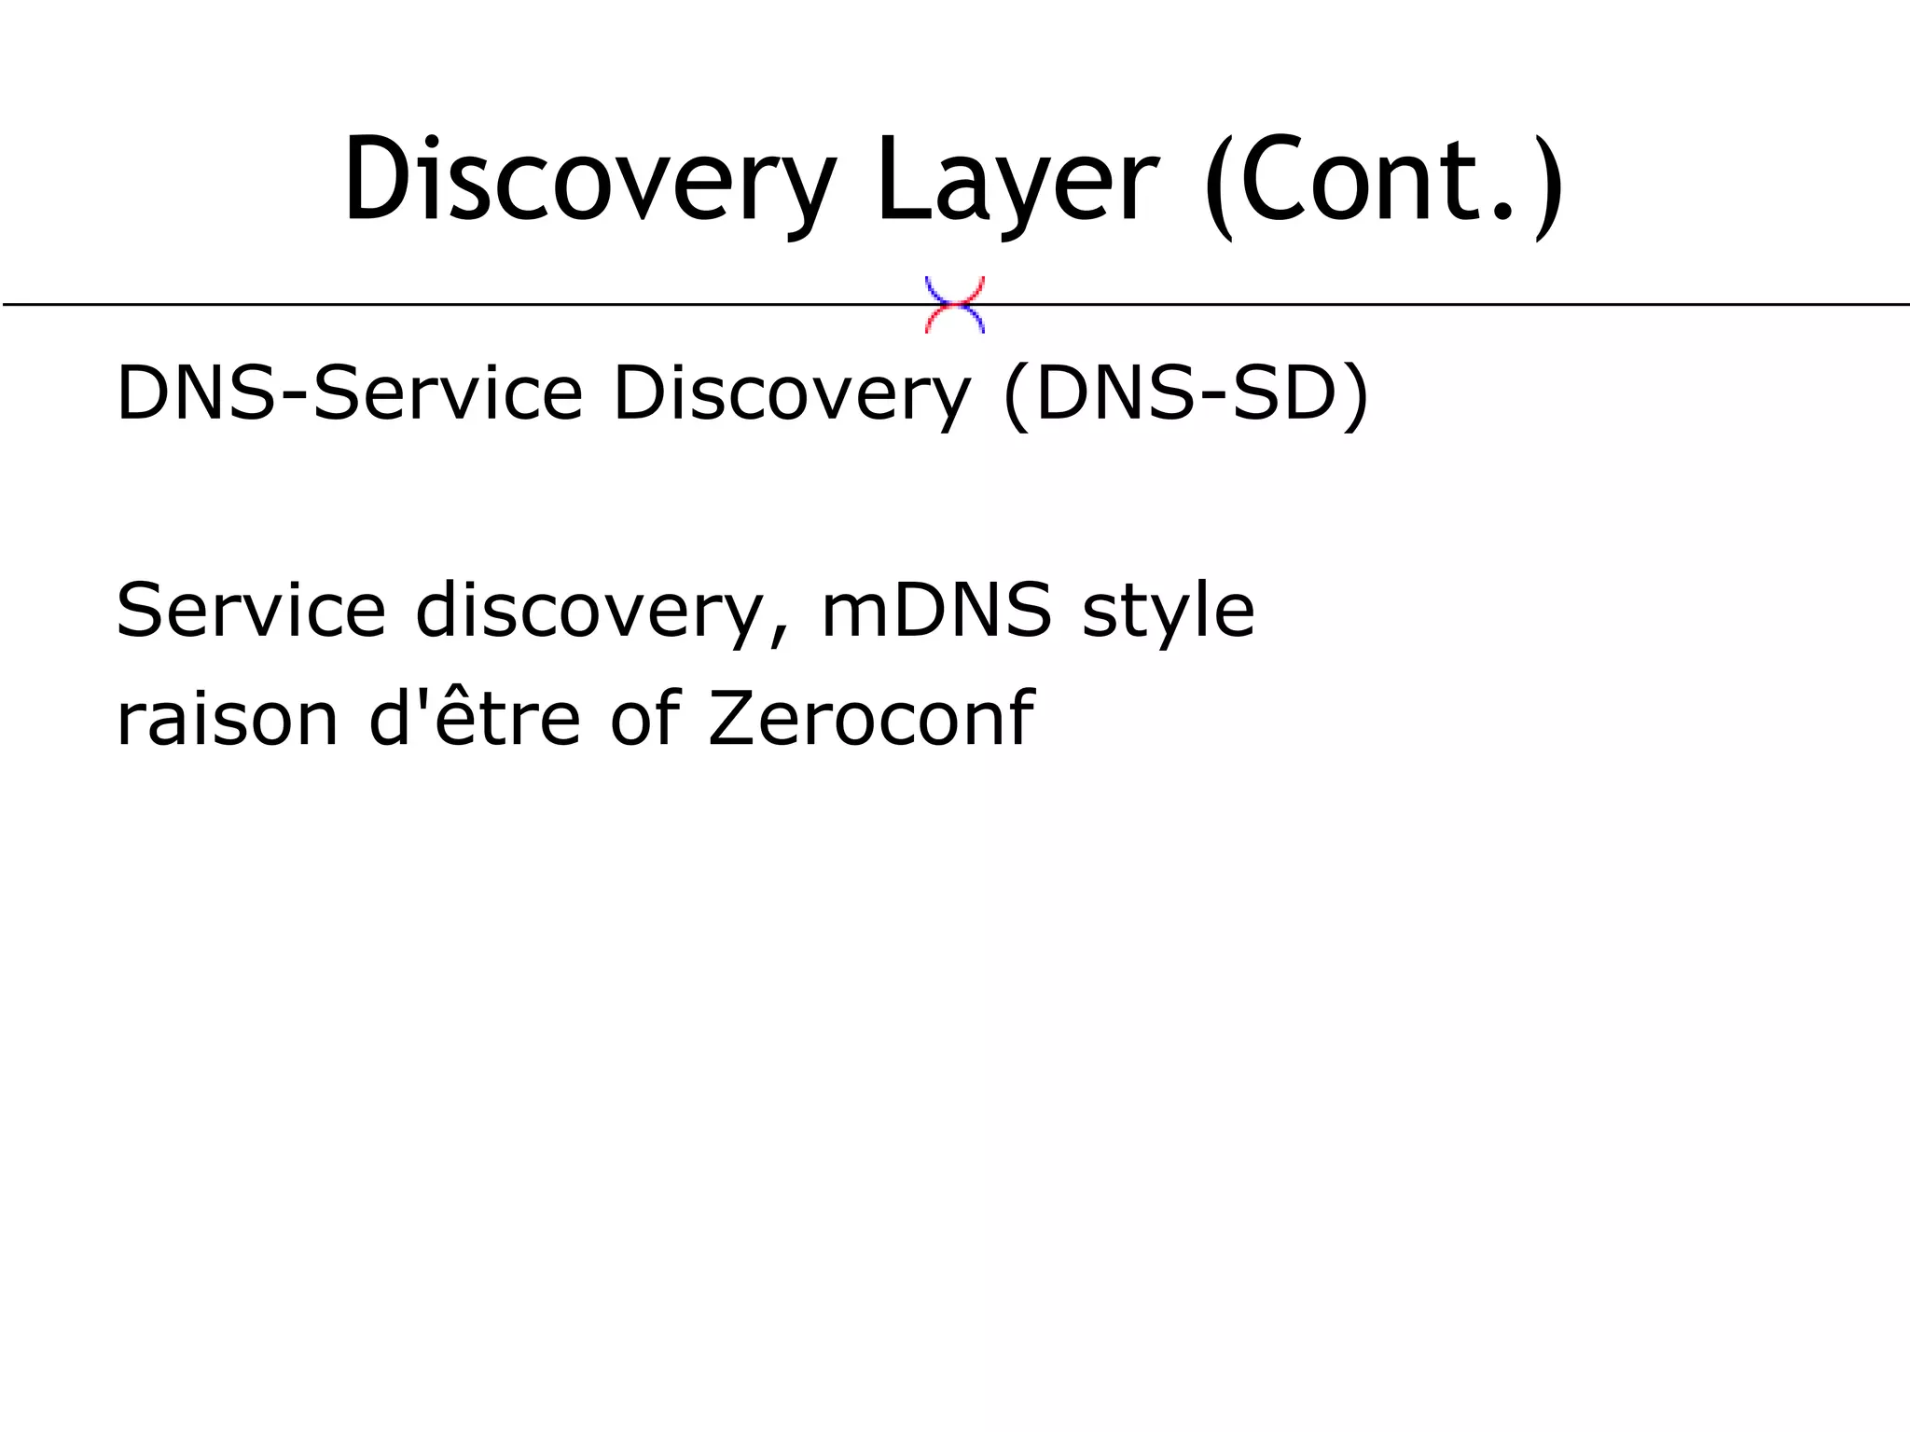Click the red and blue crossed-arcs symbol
point(954,305)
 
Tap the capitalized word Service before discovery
point(251,611)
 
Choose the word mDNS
point(935,611)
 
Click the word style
point(1168,611)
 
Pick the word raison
point(227,720)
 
